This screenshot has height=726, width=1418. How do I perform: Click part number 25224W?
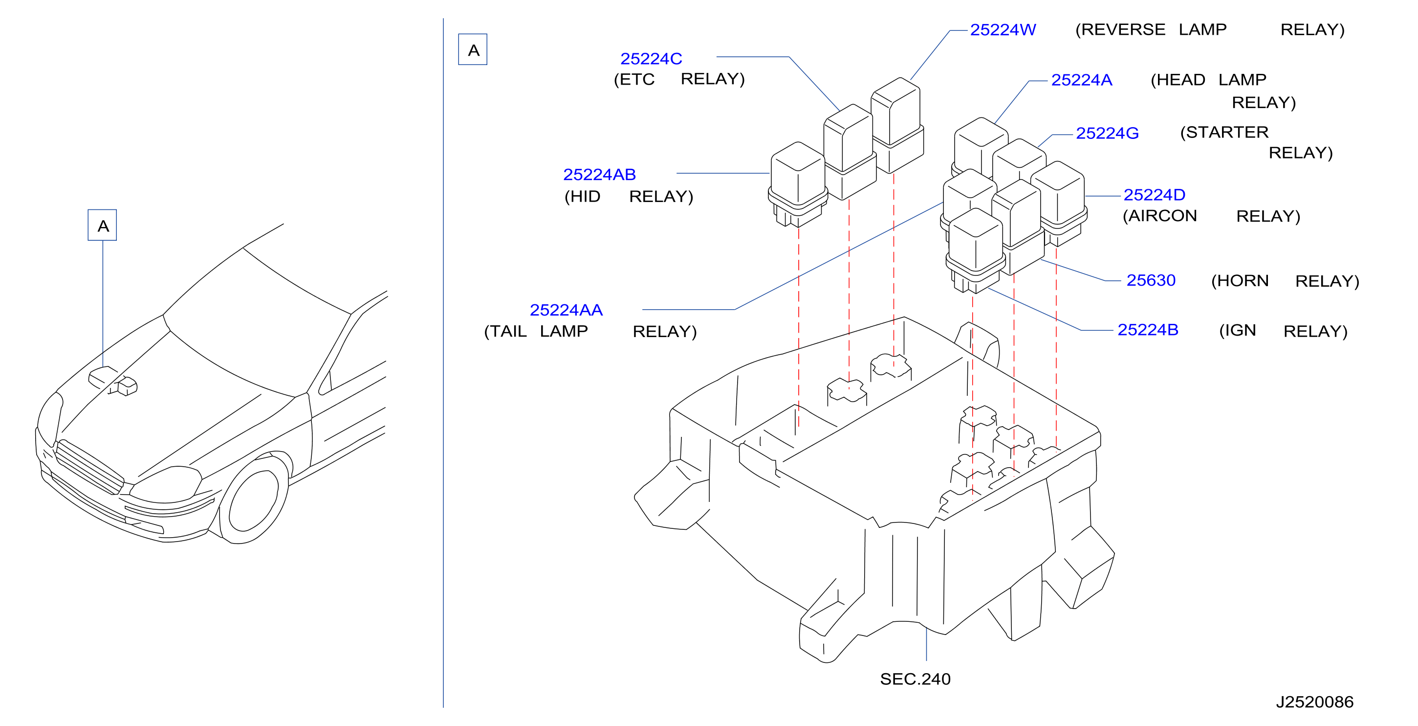[1003, 30]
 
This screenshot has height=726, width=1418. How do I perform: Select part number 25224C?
[651, 59]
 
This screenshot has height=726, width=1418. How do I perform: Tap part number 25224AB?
[599, 175]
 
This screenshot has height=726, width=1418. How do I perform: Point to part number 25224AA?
[566, 310]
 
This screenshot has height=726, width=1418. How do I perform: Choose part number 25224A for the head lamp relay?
[1082, 80]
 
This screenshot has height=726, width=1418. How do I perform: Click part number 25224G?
[1107, 133]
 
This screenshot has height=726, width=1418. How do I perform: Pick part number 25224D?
[1155, 195]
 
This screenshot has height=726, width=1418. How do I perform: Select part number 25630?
[1151, 280]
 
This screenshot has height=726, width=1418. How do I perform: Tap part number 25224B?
[1148, 330]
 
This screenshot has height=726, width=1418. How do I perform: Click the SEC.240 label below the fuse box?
[915, 679]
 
